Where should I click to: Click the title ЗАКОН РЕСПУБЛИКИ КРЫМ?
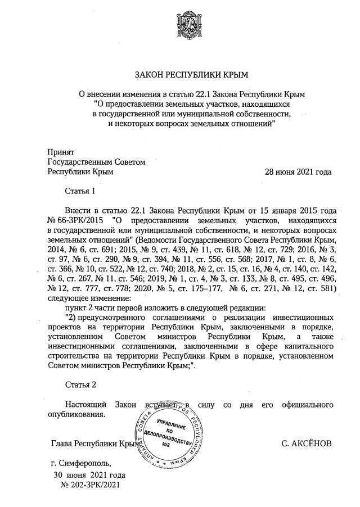pyautogui.click(x=179, y=75)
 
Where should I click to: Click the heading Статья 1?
pyautogui.click(x=80, y=192)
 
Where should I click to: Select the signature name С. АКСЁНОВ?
pyautogui.click(x=306, y=443)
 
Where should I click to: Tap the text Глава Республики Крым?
pyautogui.click(x=95, y=443)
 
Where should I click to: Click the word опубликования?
pyautogui.click(x=76, y=414)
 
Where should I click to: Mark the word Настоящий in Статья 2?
pyautogui.click(x=85, y=404)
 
